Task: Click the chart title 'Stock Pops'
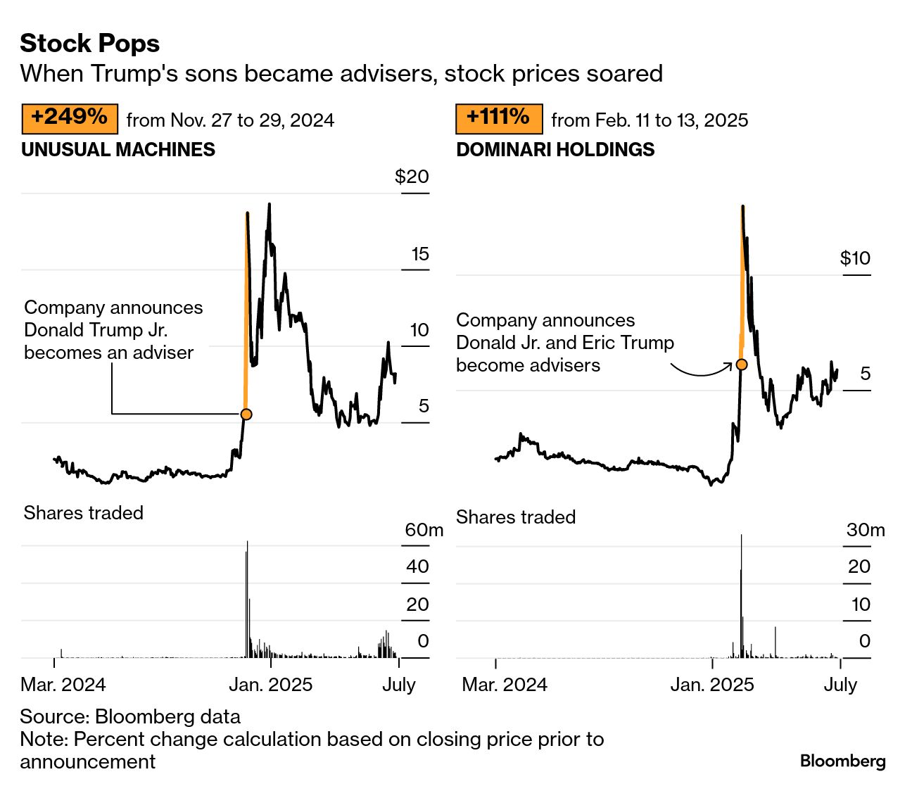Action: [x=90, y=44]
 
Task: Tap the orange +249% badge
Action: [x=70, y=118]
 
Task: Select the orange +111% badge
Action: [x=498, y=118]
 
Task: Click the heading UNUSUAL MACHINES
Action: [x=118, y=150]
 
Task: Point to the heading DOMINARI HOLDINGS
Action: [x=555, y=150]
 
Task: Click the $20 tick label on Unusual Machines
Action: [x=412, y=177]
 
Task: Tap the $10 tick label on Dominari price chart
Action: [x=855, y=258]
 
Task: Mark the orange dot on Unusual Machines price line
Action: [x=246, y=415]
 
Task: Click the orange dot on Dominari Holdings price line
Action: [x=741, y=365]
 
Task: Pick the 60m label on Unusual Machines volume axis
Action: [x=424, y=530]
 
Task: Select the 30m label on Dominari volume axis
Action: [x=865, y=530]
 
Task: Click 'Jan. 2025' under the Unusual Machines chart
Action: [x=271, y=685]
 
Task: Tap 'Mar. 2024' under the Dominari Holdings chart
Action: [x=505, y=685]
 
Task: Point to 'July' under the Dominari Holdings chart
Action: [x=840, y=685]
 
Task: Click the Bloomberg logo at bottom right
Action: [x=842, y=761]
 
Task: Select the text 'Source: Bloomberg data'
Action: [x=130, y=716]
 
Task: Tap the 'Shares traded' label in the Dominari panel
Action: [x=516, y=517]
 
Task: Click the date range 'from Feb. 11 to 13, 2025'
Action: [x=650, y=120]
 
